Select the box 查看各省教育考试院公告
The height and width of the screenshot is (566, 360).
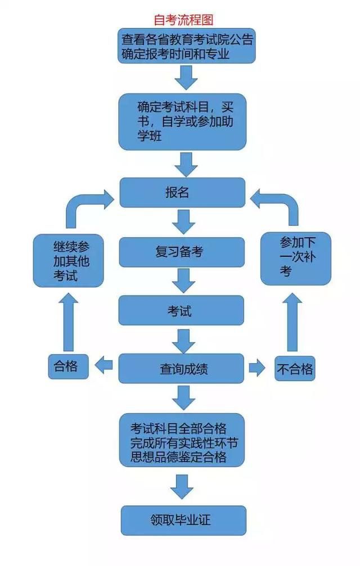pos(187,47)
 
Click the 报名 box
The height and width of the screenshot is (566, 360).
pos(182,192)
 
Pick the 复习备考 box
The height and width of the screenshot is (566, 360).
pos(182,252)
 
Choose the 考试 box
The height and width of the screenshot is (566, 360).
pos(181,310)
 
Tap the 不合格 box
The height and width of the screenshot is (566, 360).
pos(295,369)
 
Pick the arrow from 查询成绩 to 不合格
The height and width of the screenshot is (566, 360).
pos(257,368)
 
